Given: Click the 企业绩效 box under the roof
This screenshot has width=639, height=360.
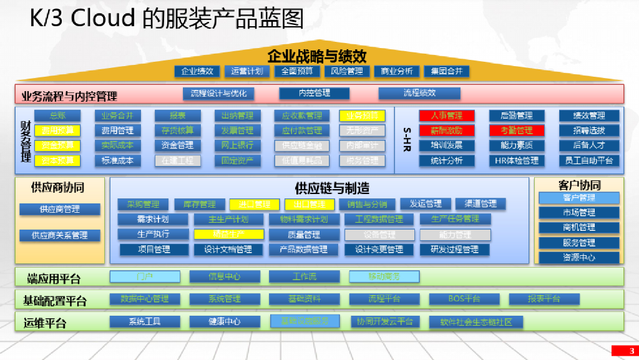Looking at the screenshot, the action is [197, 71].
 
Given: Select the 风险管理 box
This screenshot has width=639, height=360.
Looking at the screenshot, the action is [347, 71].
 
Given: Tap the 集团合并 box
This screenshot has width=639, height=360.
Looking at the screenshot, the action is [446, 71].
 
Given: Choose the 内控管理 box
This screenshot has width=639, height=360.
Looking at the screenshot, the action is [314, 94].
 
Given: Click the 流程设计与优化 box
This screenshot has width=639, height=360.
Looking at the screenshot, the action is [218, 94].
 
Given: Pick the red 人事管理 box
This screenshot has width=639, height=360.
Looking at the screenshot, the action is [447, 115].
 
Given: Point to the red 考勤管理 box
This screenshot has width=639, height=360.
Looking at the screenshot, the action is [517, 130].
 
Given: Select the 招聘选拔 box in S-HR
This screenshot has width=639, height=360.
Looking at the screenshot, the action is [588, 130].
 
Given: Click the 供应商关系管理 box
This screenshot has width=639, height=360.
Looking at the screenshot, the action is [60, 235].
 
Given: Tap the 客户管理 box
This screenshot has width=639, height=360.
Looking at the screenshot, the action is [579, 198].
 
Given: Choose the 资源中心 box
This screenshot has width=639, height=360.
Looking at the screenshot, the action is [579, 257].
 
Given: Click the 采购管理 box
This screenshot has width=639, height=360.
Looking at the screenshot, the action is [143, 204].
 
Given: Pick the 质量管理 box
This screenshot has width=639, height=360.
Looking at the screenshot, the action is [304, 235].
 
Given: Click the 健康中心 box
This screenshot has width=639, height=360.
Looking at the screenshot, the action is [224, 322].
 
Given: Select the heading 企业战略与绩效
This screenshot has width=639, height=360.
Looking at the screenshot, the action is [317, 56].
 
